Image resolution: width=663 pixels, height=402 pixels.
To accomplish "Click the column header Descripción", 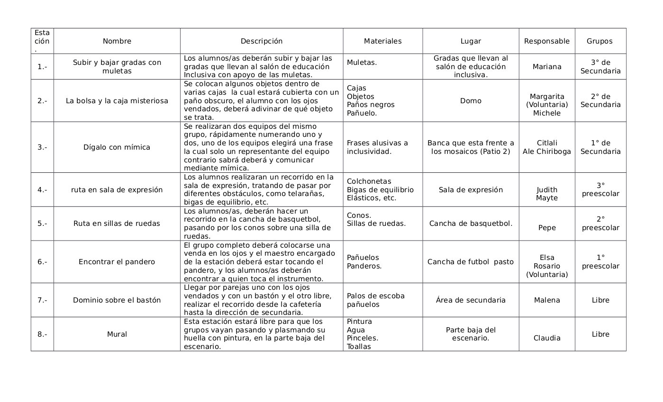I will [x=261, y=41].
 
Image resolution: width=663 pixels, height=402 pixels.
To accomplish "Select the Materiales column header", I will [x=382, y=41].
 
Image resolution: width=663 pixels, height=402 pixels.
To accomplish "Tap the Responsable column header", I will [x=546, y=41].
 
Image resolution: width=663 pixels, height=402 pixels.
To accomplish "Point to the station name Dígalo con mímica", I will [x=117, y=147].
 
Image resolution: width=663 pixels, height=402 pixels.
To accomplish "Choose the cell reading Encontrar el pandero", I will [x=117, y=262].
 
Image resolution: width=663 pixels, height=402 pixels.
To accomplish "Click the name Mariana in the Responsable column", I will [x=546, y=67].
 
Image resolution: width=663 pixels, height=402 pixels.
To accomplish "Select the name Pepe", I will [x=547, y=228].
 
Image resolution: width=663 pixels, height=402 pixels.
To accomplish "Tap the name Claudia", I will [x=546, y=338].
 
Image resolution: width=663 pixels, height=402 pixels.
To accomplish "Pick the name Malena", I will [x=546, y=300].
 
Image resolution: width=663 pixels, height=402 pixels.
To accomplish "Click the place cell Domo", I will [x=470, y=101].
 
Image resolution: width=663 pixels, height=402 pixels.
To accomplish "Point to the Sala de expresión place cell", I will [x=470, y=190].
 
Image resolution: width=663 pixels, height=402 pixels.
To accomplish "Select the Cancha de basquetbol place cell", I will [x=470, y=223].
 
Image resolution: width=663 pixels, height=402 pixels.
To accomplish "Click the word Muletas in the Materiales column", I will [x=362, y=63].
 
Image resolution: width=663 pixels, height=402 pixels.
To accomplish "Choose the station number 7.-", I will [x=42, y=300].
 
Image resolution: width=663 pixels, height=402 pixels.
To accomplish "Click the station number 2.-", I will [x=42, y=101].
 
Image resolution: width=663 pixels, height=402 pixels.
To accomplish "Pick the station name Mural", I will [x=117, y=334].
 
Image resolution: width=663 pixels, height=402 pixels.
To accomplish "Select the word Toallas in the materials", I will [x=359, y=347].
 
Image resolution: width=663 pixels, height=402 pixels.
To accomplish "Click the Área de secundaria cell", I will [x=470, y=300].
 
